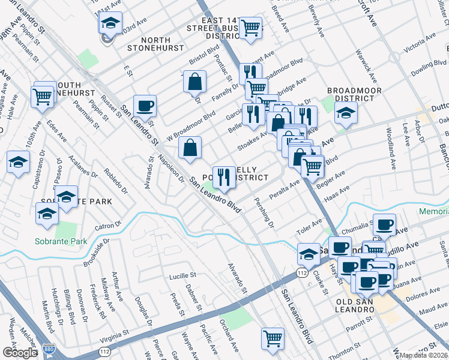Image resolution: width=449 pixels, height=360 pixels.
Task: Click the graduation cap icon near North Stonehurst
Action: click(x=110, y=23)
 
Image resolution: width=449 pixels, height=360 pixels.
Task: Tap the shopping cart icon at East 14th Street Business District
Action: click(x=250, y=28)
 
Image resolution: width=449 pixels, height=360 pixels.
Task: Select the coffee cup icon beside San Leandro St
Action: click(x=145, y=107)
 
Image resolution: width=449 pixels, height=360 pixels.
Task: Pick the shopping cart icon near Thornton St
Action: click(x=273, y=338)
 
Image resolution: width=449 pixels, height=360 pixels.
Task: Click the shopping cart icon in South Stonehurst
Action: click(x=43, y=95)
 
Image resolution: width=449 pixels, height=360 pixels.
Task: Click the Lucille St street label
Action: click(x=182, y=275)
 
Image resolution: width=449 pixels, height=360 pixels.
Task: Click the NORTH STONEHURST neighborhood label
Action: click(x=154, y=47)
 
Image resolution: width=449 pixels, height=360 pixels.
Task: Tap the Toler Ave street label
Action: click(x=309, y=230)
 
